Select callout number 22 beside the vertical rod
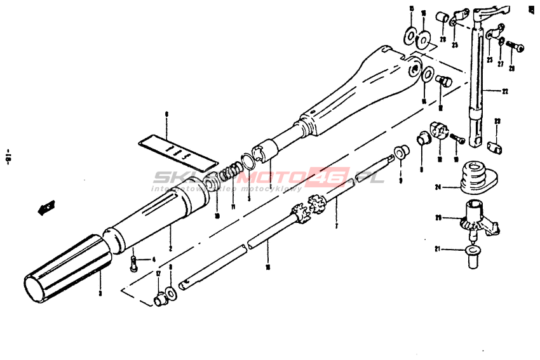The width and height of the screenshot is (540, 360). coord(505,91)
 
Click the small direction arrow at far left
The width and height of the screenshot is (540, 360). coord(46,207)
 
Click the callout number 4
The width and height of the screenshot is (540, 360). coord(152,259)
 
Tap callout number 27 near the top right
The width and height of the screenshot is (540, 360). coord(500,64)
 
